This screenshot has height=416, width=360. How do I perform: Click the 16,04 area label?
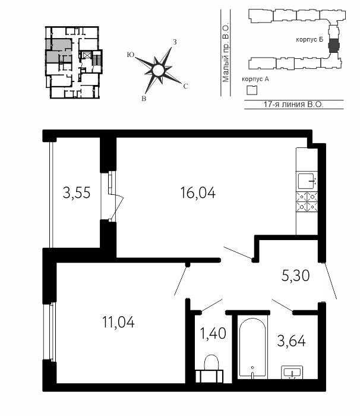click(x=198, y=193)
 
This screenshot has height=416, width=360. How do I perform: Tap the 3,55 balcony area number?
click(x=77, y=193)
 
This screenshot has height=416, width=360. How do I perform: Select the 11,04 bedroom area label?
click(x=118, y=322)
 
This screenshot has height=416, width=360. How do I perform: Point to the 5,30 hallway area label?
click(x=295, y=276)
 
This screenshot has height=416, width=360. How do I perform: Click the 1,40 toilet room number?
click(x=213, y=333)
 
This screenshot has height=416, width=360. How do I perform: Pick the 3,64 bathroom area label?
click(x=291, y=341)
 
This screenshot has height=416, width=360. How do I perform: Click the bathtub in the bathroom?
click(x=252, y=347)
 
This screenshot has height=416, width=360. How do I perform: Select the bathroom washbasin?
click(x=292, y=372)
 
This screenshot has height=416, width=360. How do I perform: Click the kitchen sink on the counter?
click(x=307, y=181)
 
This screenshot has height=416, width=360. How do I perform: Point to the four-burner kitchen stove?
click(x=307, y=201)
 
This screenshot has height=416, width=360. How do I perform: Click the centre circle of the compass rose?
click(x=158, y=71)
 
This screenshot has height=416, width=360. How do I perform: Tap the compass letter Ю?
click(x=130, y=55)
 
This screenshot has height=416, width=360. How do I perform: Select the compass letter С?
click(x=186, y=86)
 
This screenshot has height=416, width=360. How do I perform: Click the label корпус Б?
click(x=310, y=40)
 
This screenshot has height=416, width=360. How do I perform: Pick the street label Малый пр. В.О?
click(x=226, y=53)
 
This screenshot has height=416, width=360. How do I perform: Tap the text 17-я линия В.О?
click(x=293, y=104)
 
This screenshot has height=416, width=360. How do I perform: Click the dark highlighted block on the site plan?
click(x=333, y=46)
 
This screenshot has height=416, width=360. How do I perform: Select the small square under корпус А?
click(x=252, y=90)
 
